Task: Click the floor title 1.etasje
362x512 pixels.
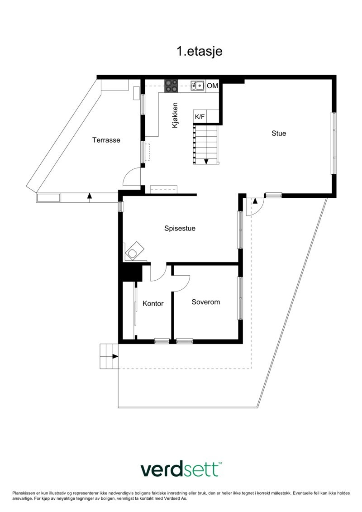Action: click(x=199, y=52)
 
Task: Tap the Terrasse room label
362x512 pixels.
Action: click(x=106, y=140)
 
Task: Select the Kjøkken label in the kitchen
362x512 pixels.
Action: click(x=176, y=116)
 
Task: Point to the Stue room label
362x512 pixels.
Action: click(x=279, y=133)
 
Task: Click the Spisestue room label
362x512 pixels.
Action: click(x=180, y=229)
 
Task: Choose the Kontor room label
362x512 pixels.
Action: click(x=153, y=303)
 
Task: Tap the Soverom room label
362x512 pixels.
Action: click(x=205, y=302)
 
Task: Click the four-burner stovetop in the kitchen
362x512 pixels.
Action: click(x=171, y=86)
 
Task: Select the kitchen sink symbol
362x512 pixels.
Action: click(x=197, y=85)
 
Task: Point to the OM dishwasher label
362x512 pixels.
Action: click(x=212, y=86)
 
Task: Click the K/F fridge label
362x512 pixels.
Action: click(x=200, y=117)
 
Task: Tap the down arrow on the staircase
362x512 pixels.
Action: click(x=206, y=161)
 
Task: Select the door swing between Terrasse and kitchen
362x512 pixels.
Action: click(x=132, y=176)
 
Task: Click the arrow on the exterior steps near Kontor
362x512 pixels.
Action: click(x=115, y=356)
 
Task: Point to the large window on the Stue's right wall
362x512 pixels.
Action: click(x=333, y=143)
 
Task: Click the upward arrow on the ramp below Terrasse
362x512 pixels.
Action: click(x=89, y=196)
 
